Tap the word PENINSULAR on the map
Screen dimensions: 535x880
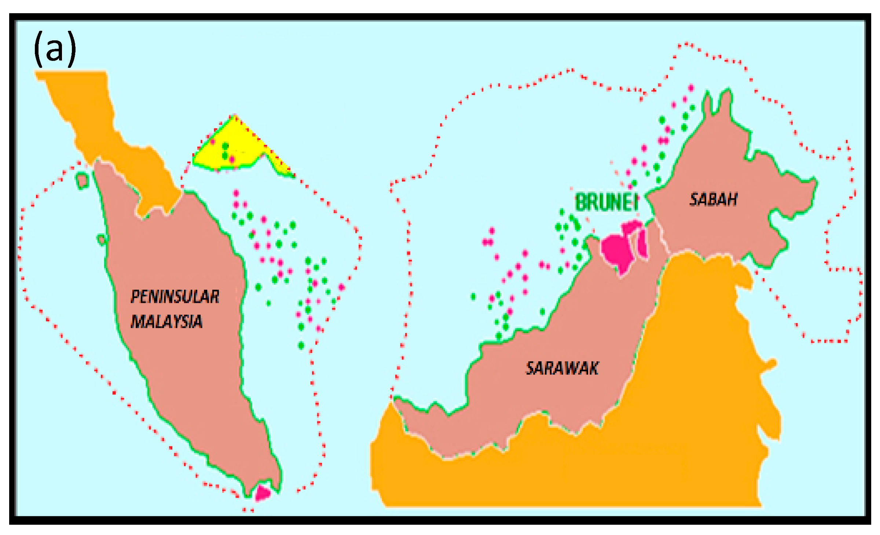tap(175, 297)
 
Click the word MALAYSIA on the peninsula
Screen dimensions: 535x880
tap(166, 322)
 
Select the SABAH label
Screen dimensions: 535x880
tap(713, 200)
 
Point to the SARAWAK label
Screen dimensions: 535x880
tap(562, 369)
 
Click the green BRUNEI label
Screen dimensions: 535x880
tap(607, 202)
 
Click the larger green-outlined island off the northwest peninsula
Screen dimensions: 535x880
tap(82, 180)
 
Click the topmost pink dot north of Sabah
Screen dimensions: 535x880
tap(691, 88)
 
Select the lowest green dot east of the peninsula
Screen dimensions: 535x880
tap(301, 345)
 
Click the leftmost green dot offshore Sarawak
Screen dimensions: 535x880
tap(473, 296)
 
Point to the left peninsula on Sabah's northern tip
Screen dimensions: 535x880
tap(707, 103)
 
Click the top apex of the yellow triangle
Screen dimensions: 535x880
tap(235, 117)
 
